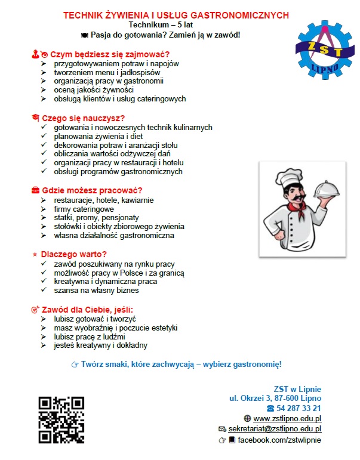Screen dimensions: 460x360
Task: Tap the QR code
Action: (x=61, y=420)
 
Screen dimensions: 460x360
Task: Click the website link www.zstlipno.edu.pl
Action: (x=287, y=418)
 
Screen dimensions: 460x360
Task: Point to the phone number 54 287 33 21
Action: (x=297, y=408)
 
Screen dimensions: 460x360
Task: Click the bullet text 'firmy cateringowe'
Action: (x=84, y=210)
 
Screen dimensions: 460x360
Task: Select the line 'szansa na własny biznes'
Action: (x=96, y=291)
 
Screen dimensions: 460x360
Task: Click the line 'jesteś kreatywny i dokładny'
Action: (x=100, y=345)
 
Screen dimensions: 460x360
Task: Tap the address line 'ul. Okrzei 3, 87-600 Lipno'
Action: (x=275, y=398)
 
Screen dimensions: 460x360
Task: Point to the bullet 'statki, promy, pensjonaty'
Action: (x=97, y=218)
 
